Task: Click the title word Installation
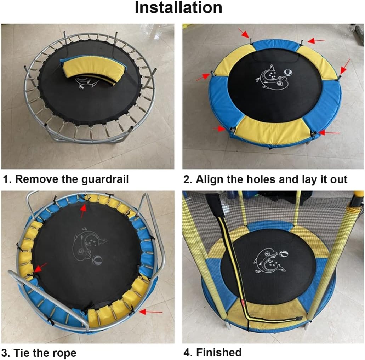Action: [178, 8]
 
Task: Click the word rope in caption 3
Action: [64, 353]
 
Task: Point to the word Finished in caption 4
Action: [219, 352]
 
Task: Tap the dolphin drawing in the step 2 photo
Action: [272, 78]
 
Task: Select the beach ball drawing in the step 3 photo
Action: [97, 261]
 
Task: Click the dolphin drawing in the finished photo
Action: [269, 261]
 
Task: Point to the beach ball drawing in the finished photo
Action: [285, 254]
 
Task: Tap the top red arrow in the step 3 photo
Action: [83, 211]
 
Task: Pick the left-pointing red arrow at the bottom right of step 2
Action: [329, 133]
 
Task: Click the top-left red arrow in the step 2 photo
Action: [244, 33]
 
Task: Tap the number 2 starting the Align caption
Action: [187, 180]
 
